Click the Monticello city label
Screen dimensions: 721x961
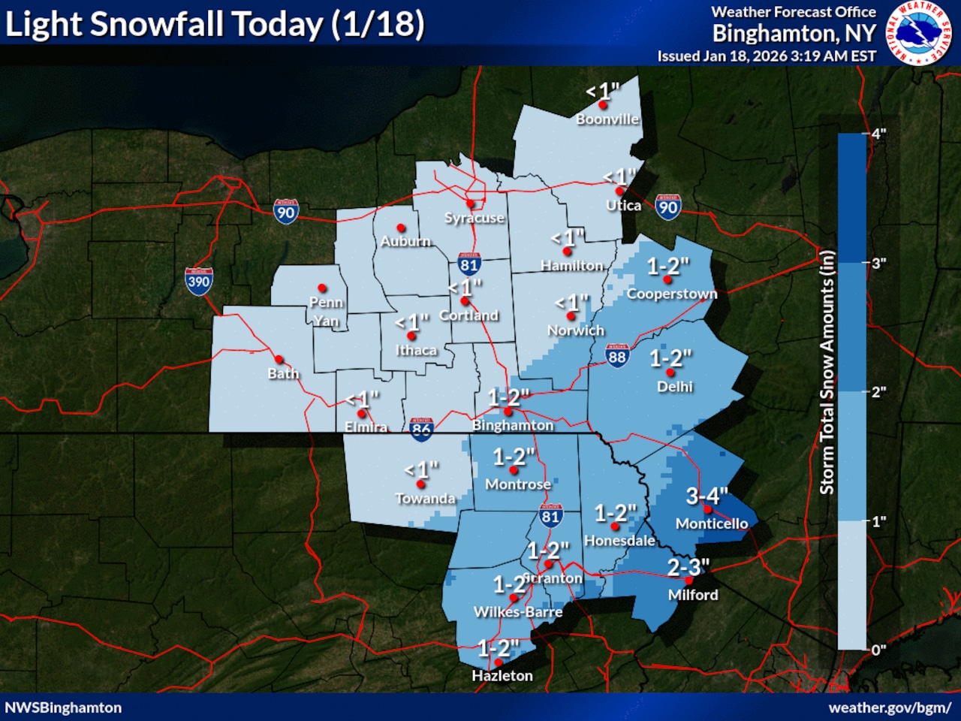[712, 523]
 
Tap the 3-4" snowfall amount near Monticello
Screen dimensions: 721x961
[706, 496]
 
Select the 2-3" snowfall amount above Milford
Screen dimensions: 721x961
[688, 567]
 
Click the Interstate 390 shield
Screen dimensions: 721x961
[199, 282]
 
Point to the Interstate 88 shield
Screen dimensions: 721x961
[617, 357]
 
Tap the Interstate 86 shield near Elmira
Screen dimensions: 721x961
[421, 427]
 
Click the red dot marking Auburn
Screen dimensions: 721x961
[401, 228]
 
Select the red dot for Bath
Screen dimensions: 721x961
[279, 360]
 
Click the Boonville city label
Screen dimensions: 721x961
[607, 119]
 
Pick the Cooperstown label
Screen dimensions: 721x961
[672, 294]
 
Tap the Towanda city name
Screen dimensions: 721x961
[425, 499]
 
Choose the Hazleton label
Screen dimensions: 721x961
[502, 676]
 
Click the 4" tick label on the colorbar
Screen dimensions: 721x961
[878, 134]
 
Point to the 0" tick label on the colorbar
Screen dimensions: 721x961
[878, 650]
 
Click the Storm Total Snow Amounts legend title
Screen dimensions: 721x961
[827, 372]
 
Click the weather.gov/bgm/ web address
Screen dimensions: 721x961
[890, 707]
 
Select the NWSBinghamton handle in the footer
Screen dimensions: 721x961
[63, 707]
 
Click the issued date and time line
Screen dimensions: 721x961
[767, 56]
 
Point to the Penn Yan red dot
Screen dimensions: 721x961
[322, 288]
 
